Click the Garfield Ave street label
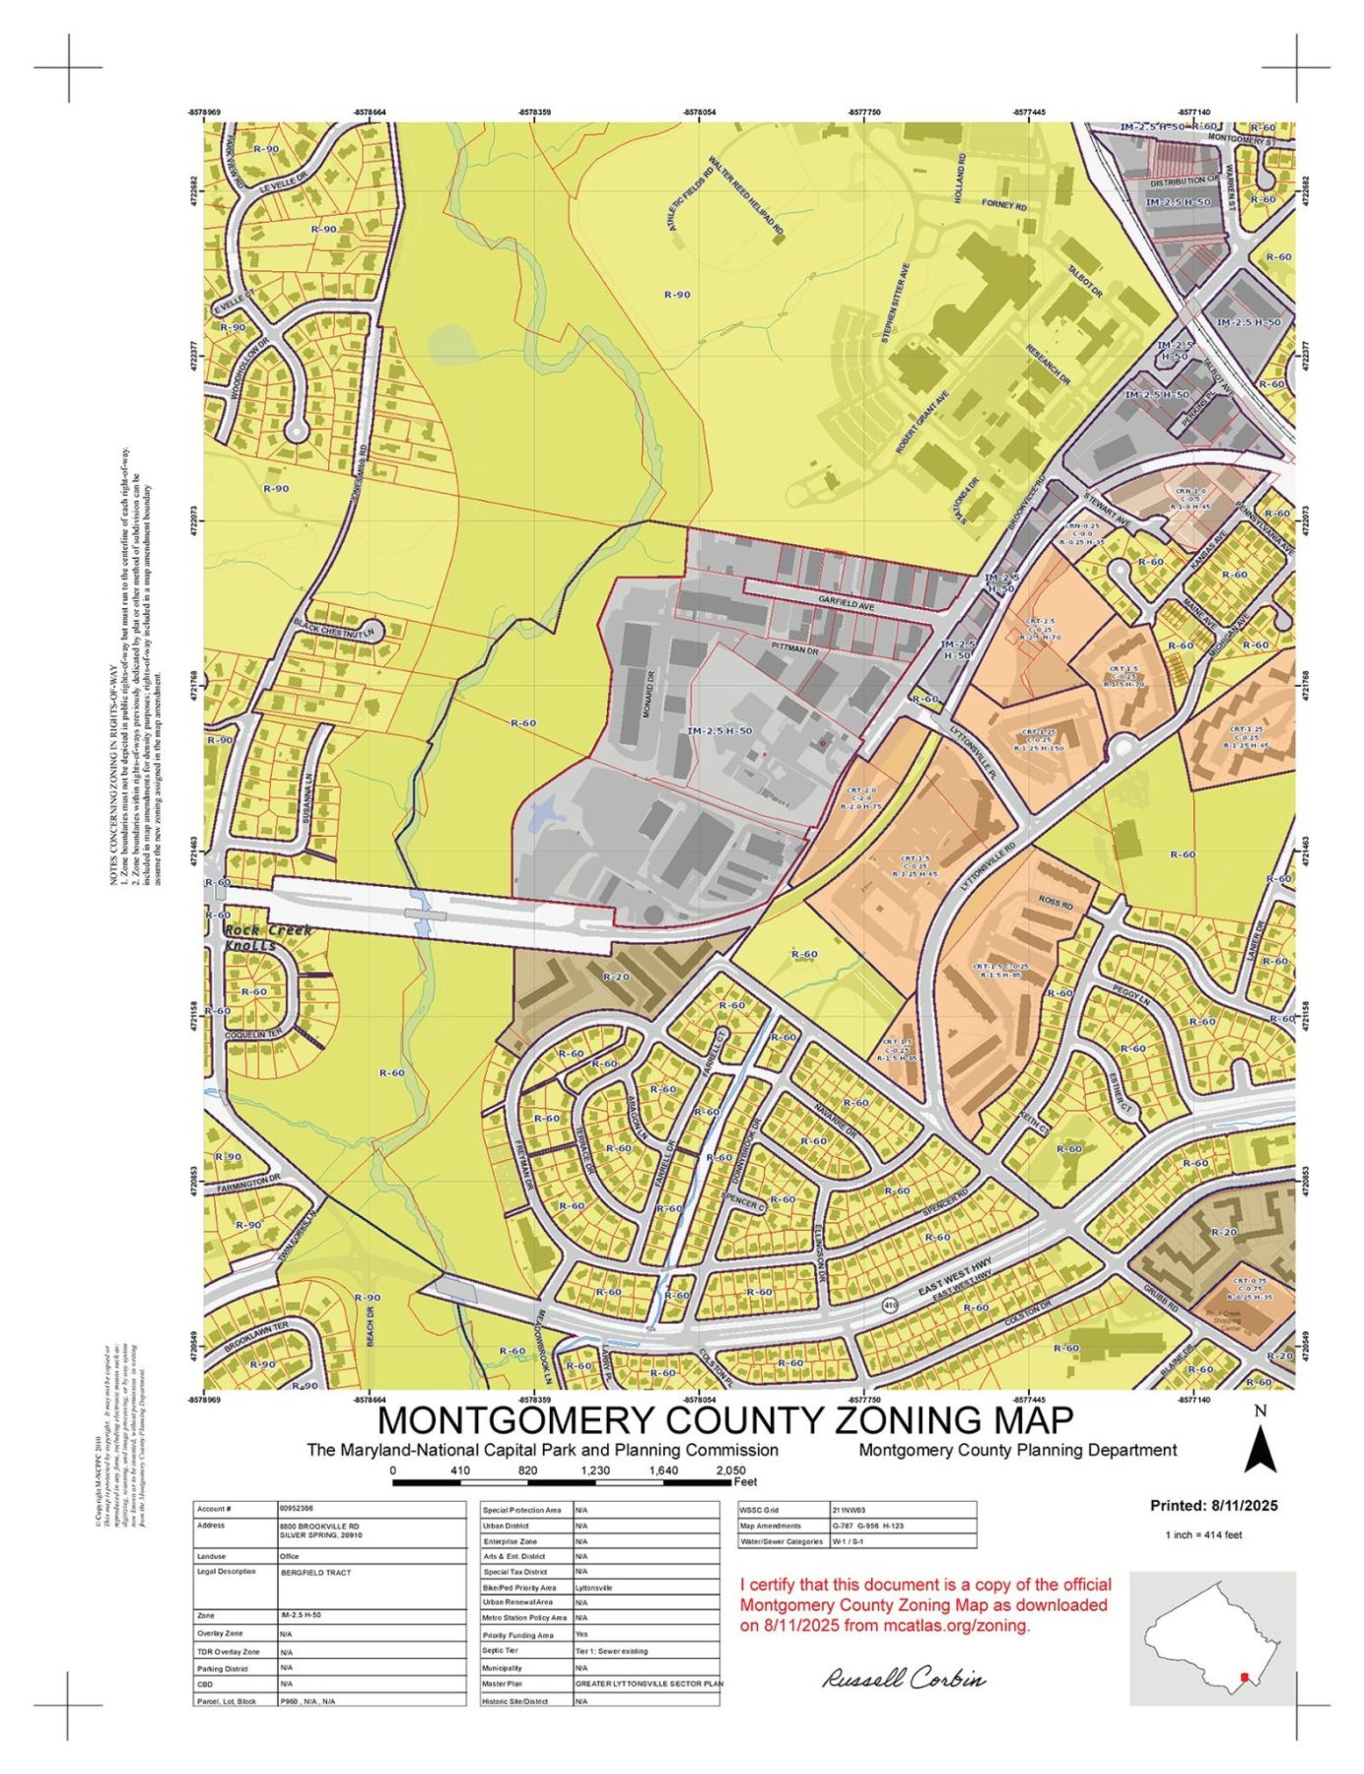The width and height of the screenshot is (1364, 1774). point(846,599)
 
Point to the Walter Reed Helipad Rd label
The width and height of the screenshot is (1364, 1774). point(746,196)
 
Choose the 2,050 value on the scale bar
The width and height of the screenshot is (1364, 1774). point(729,1470)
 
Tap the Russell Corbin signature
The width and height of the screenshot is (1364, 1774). point(904,1678)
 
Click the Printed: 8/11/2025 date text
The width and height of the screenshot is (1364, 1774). point(1213,1506)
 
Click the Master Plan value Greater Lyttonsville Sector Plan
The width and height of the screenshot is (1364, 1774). point(648,1684)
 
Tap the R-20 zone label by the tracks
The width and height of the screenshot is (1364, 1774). point(615,976)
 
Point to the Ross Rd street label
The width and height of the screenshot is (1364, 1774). point(1055,901)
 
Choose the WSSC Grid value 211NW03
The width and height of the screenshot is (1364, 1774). point(849,1509)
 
